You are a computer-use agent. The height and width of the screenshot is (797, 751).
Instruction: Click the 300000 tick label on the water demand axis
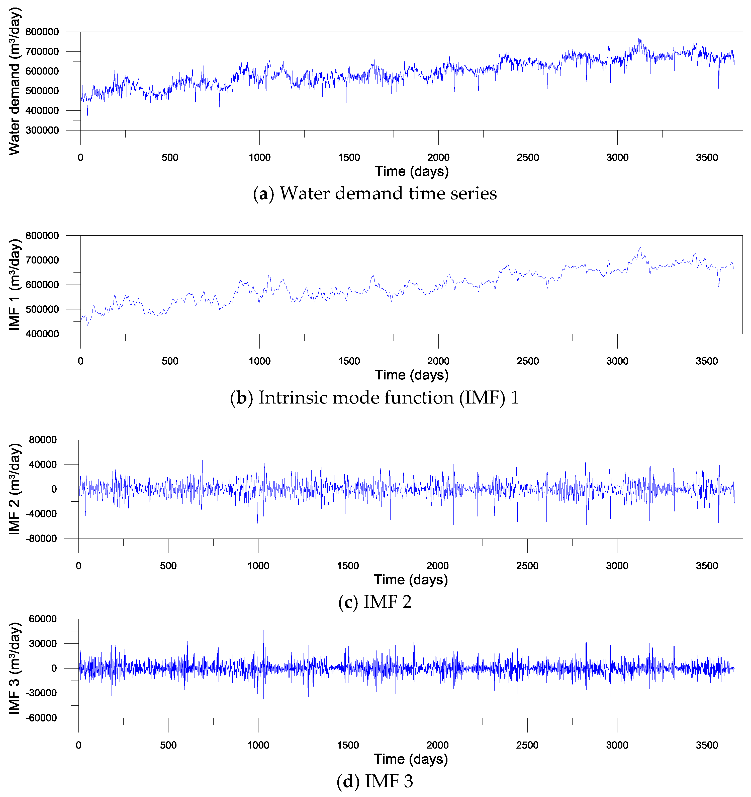(42, 130)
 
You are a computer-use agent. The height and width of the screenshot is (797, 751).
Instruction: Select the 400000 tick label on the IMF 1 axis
(42, 334)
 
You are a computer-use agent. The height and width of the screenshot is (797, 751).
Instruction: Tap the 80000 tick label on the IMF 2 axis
(43, 440)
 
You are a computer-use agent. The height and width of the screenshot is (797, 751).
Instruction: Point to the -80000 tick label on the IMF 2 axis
(41, 539)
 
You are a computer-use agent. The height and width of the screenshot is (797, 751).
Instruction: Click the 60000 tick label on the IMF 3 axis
(43, 619)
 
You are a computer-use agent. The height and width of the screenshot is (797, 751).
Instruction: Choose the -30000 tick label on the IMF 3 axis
(41, 693)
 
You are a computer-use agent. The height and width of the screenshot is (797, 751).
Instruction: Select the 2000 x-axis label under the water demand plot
(438, 158)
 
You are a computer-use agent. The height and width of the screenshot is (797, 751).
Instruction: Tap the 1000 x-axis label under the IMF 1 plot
(259, 361)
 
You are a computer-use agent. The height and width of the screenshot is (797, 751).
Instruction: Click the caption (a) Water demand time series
(375, 194)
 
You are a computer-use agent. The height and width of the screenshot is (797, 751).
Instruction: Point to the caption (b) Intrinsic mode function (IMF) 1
(375, 398)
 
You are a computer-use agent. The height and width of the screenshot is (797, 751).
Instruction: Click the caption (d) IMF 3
(375, 781)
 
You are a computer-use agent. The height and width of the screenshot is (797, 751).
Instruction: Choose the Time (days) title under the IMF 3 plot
(411, 759)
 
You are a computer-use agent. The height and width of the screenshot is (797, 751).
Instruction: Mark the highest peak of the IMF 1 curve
(640, 248)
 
